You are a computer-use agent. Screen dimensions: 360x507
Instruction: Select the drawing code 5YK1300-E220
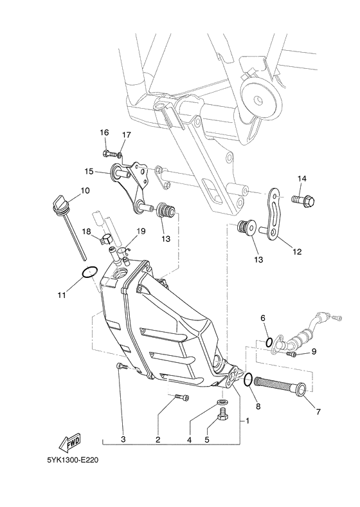point(73,459)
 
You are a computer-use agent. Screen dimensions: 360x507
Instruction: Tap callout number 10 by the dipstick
point(85,190)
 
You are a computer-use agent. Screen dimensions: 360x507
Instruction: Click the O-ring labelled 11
point(89,272)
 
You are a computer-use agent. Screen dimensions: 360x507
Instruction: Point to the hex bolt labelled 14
point(303,201)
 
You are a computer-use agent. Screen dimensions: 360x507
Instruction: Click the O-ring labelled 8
point(248,379)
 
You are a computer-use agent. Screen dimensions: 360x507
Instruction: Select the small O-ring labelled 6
point(269,342)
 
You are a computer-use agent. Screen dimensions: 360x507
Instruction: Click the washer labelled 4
point(221,401)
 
